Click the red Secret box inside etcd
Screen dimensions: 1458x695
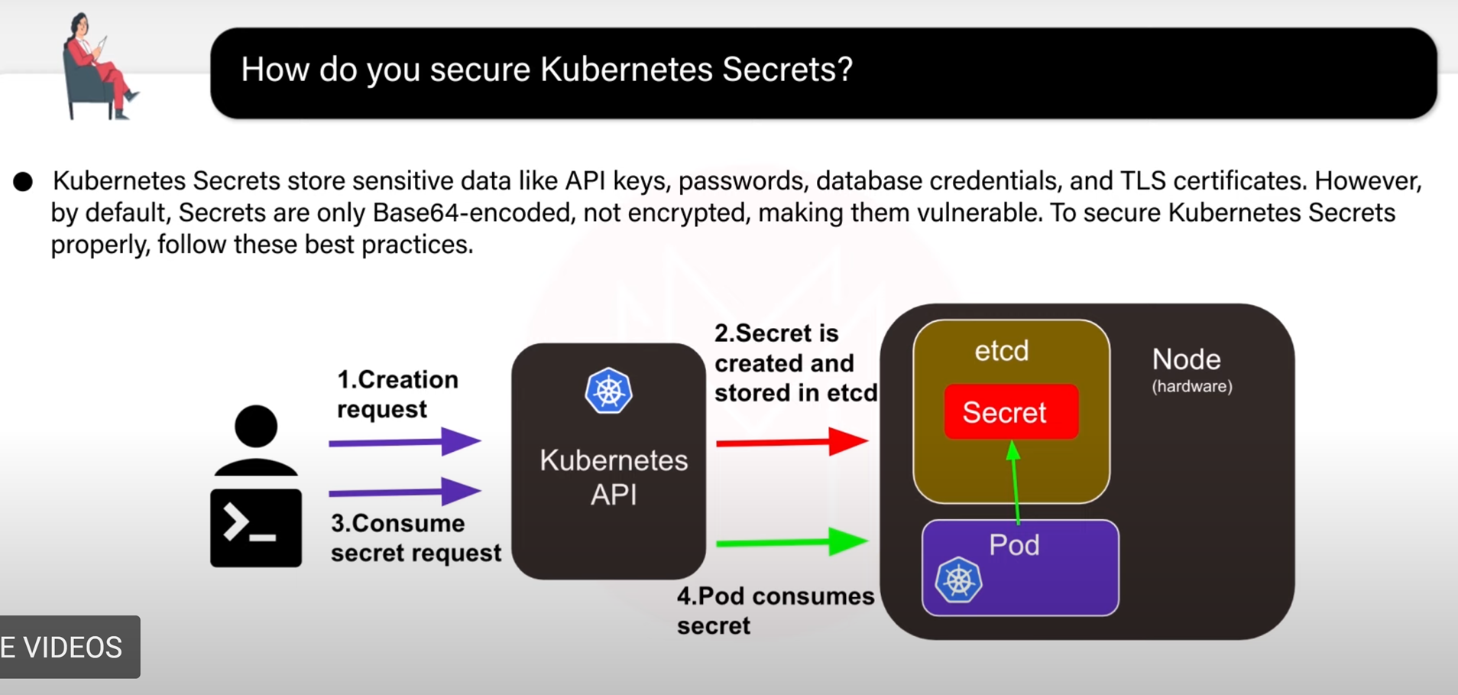tap(1011, 412)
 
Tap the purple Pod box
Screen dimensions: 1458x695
tap(1020, 567)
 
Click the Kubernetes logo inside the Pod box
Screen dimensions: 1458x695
tap(958, 580)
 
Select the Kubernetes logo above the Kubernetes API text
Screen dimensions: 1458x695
tap(608, 391)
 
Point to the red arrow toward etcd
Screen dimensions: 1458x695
tap(792, 441)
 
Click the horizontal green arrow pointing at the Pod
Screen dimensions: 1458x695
tap(792, 542)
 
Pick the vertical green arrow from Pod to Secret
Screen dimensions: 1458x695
tap(1015, 482)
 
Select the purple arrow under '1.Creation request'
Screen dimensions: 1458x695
tap(405, 442)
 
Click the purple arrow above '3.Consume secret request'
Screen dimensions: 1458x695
tap(405, 492)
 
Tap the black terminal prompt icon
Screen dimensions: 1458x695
tap(256, 528)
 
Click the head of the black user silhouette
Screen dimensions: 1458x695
tap(256, 426)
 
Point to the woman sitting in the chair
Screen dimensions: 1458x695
tap(98, 66)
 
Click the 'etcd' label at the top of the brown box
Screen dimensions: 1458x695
tap(1002, 351)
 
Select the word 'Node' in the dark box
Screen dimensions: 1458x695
tap(1186, 359)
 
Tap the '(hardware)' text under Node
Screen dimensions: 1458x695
tap(1192, 386)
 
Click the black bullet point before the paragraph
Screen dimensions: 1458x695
tap(23, 182)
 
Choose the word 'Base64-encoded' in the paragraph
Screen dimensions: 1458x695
tap(472, 213)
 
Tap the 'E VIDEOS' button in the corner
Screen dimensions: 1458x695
tap(70, 647)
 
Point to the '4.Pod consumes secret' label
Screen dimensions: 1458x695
tap(776, 610)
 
